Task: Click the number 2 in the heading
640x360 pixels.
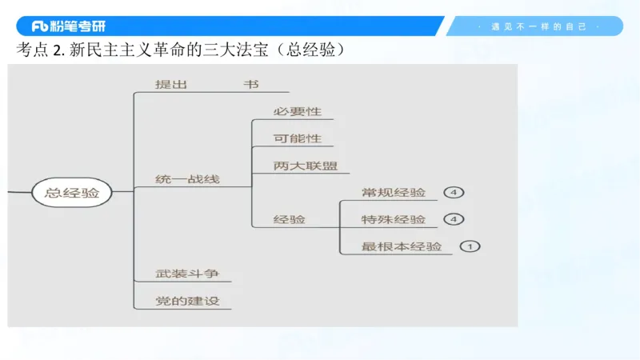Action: click(x=57, y=50)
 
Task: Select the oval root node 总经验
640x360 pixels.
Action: click(x=72, y=193)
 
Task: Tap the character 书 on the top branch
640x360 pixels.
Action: click(x=251, y=84)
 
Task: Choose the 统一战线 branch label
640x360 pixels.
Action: click(x=187, y=179)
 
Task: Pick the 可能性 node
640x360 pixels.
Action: click(x=297, y=138)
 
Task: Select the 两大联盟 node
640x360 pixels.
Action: click(x=305, y=166)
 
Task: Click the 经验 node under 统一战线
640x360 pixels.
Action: click(x=289, y=219)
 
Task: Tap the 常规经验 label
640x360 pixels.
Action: click(x=394, y=193)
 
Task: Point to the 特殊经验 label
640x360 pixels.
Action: click(x=394, y=220)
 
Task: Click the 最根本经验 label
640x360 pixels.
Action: click(x=402, y=246)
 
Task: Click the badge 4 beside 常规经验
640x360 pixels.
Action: click(x=453, y=193)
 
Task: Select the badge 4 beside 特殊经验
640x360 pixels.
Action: click(x=453, y=220)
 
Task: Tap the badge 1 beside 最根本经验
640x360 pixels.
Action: click(x=470, y=246)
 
